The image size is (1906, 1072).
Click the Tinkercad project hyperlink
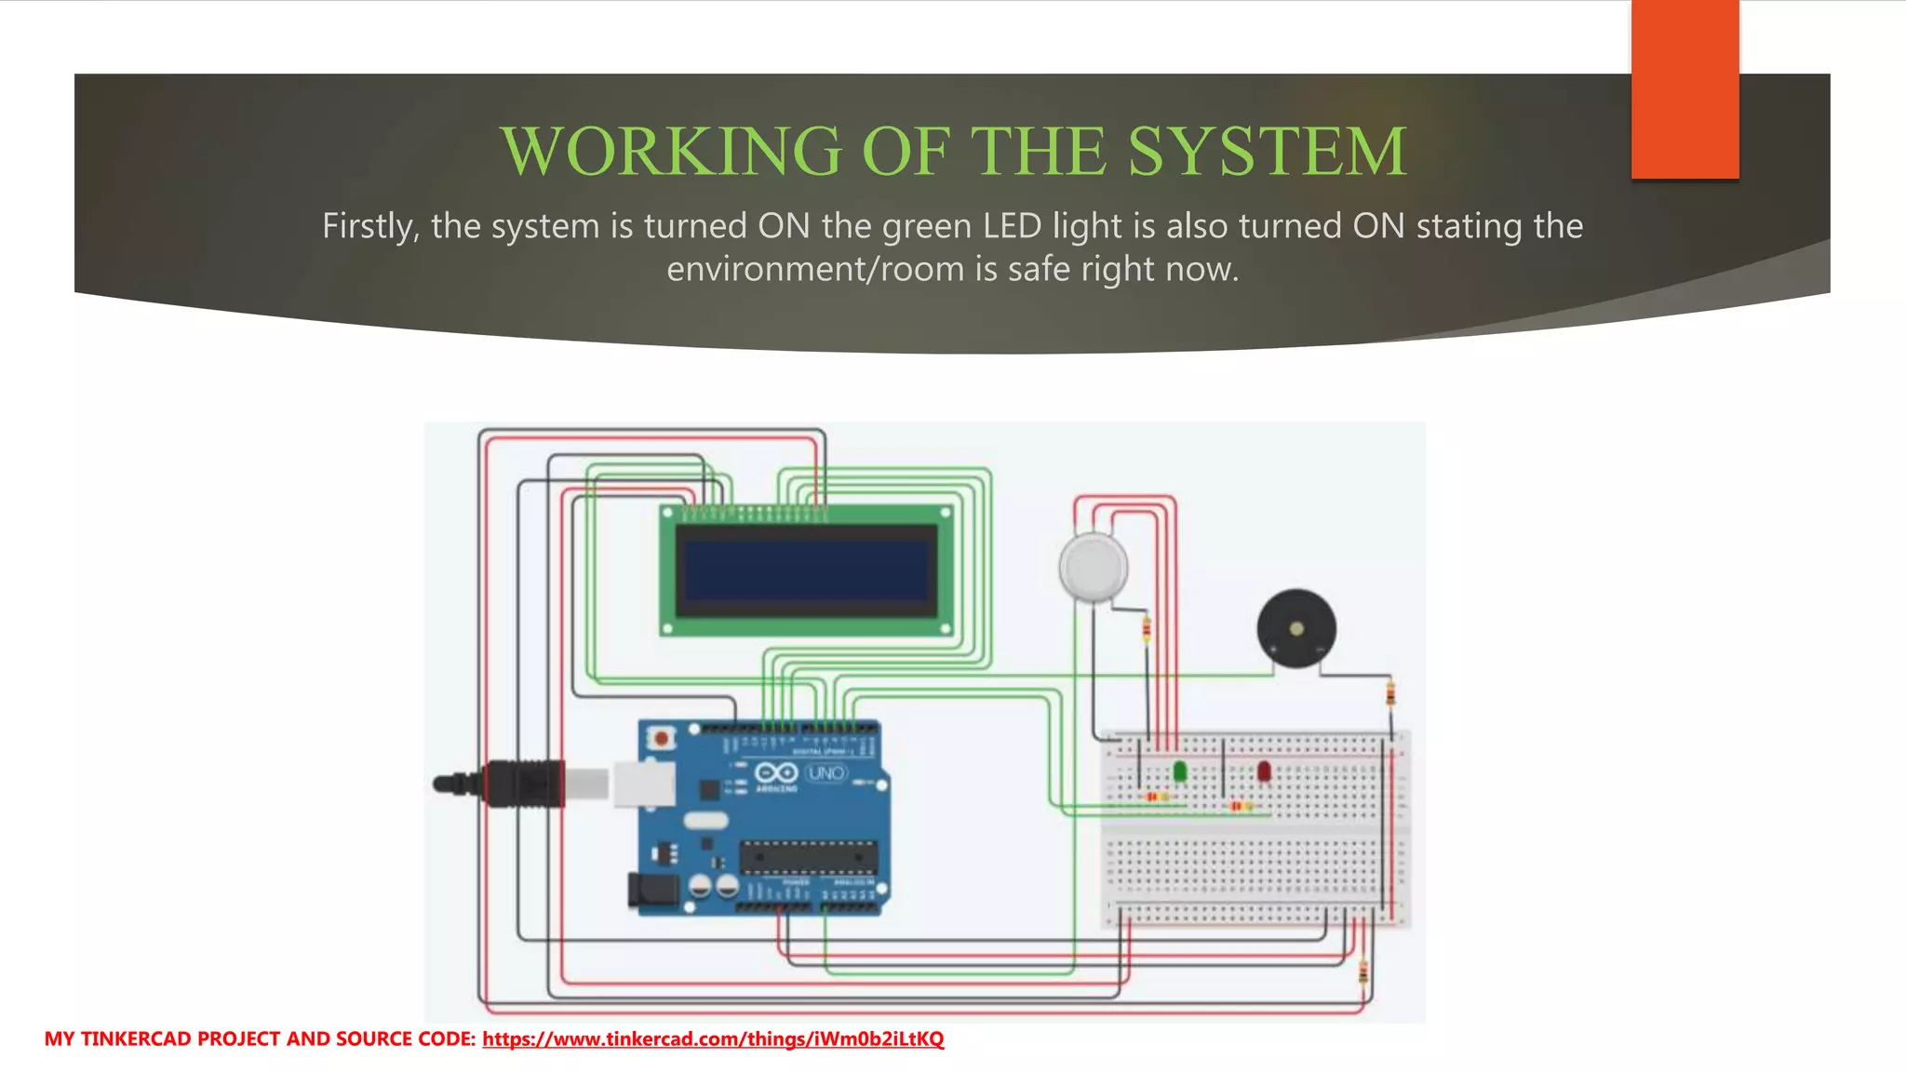pos(713,1038)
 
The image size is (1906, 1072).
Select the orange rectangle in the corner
pos(1685,89)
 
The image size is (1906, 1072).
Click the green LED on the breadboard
pos(1180,770)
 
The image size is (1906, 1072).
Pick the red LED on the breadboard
pos(1264,770)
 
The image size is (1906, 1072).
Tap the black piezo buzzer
pos(1296,629)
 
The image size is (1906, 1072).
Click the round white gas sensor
pos(1094,567)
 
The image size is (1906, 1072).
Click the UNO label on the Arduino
pos(826,773)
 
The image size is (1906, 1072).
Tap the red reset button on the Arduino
pos(661,739)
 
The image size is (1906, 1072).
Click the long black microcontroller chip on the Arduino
pos(808,855)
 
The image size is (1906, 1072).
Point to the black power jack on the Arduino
pos(651,890)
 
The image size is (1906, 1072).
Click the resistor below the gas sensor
pos(1147,630)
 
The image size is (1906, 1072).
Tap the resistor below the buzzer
pos(1390,693)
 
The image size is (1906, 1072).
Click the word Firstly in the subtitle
pos(369,226)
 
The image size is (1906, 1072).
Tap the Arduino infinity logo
pos(775,772)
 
